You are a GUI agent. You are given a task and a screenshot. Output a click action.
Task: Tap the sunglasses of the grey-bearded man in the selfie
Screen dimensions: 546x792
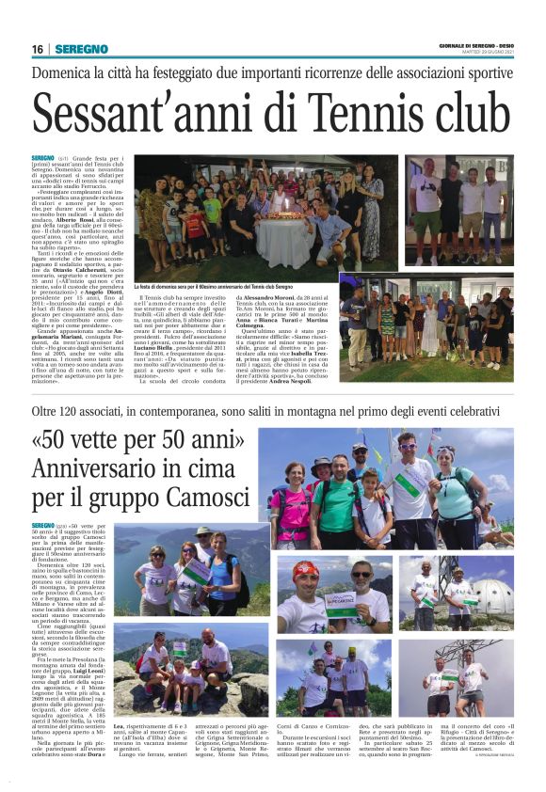[361, 573]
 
